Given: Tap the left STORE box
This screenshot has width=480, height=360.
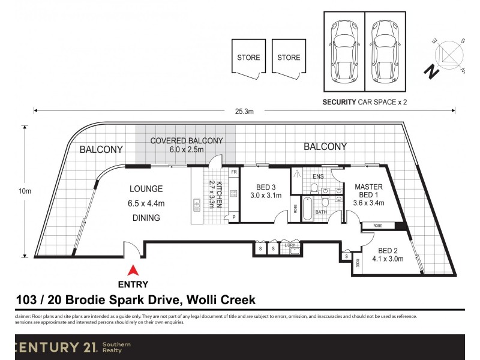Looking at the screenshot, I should (248, 58).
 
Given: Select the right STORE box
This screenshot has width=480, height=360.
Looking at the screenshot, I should (289, 58).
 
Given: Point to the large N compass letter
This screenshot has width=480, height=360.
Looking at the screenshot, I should (430, 72).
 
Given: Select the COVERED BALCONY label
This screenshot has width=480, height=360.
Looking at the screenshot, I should (187, 145).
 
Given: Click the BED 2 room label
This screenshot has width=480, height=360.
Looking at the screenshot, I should (391, 255).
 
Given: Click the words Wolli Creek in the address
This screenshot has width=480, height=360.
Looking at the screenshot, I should (221, 299).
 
